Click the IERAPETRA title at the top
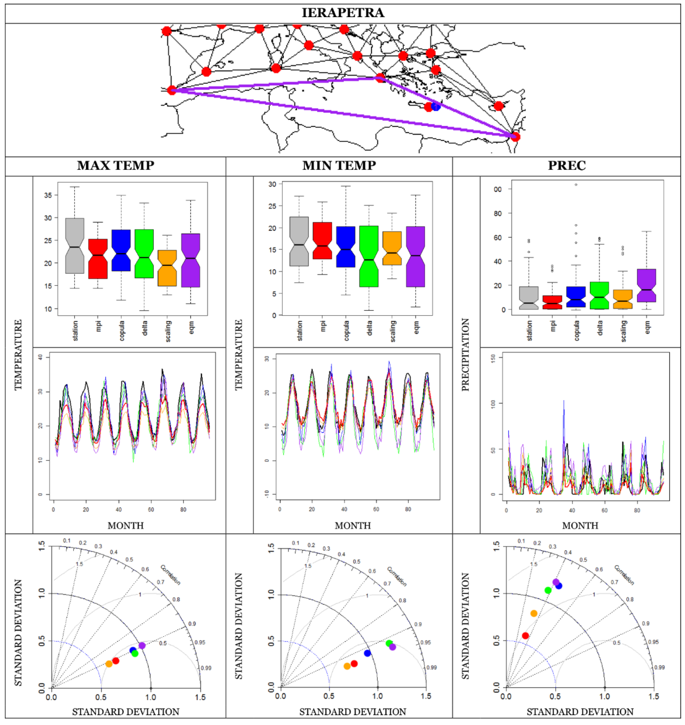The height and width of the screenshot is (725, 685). [342, 13]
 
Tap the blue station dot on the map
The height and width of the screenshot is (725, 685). [436, 106]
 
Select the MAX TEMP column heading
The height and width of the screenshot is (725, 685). [115, 165]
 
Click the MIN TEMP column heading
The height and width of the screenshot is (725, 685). [339, 165]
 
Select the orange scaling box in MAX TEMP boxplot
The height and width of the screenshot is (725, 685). [167, 268]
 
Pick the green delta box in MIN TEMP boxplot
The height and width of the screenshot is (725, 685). [369, 256]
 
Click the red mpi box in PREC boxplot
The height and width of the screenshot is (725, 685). [552, 302]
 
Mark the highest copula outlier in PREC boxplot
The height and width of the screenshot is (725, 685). [576, 185]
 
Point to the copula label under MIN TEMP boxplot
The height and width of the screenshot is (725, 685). [346, 330]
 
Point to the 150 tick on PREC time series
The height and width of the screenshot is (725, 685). [493, 357]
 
